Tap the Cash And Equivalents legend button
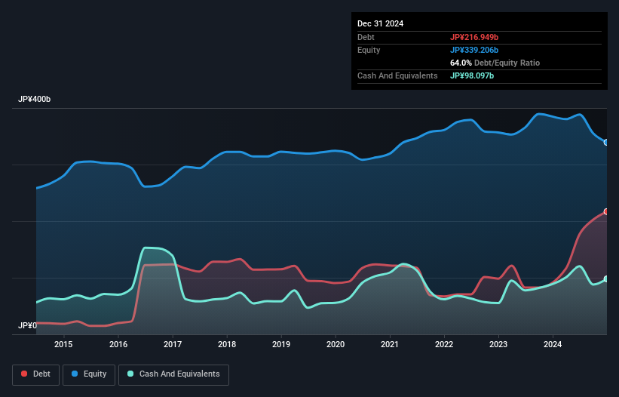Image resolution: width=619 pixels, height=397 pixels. click(173, 374)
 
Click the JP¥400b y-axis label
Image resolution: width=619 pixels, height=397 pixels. click(34, 100)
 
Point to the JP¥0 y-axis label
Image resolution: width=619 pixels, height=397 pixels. click(26, 326)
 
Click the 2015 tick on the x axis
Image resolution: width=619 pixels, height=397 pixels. click(63, 345)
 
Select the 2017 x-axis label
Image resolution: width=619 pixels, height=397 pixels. click(173, 345)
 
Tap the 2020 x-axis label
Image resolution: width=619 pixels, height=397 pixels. click(336, 345)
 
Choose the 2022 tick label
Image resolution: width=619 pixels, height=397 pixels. click(444, 345)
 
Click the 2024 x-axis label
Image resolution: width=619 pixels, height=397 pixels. click(553, 345)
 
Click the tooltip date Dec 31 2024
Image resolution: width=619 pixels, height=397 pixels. click(380, 23)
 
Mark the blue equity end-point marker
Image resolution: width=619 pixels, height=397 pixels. click(605, 142)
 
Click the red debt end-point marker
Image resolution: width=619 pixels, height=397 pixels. click(605, 211)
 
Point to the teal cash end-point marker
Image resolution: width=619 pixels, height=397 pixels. click(605, 279)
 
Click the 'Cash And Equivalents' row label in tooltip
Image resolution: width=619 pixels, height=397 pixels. click(397, 75)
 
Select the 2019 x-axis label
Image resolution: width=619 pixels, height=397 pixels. click(281, 345)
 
